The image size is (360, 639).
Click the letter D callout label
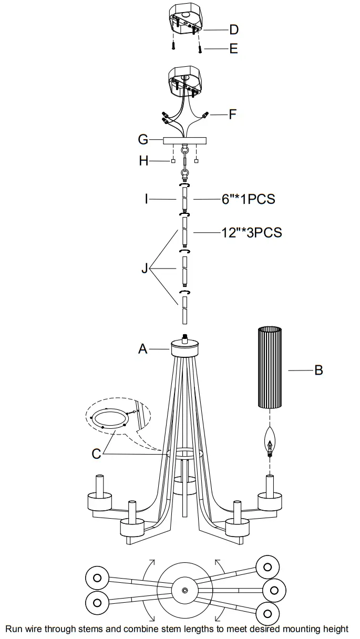pos(233,29)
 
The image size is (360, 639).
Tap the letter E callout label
pos(233,49)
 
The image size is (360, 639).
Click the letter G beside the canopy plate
pos(143,140)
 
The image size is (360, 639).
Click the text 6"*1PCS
pos(249,200)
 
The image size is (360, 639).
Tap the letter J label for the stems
pos(145,269)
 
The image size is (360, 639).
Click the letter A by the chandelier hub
pos(142,348)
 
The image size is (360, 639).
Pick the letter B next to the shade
pos(318,370)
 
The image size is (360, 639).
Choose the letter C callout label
pos(96,454)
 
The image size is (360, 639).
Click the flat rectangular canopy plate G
pos(185,140)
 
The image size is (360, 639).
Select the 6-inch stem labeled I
pos(184,200)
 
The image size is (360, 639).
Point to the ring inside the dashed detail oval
pos(109,419)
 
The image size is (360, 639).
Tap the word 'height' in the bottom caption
pos(334,629)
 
